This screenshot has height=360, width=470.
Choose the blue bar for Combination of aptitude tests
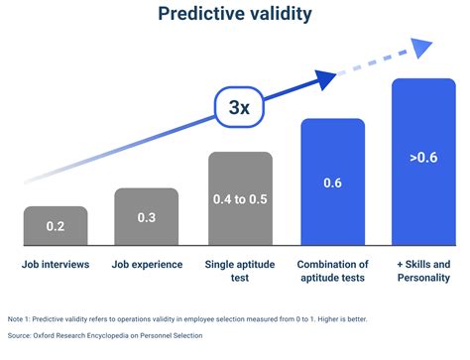click(332, 183)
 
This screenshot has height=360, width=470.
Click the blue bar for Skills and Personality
click(423, 164)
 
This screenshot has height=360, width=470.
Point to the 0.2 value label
click(56, 228)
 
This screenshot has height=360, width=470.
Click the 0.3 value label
click(146, 216)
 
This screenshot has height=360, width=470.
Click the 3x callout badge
click(238, 107)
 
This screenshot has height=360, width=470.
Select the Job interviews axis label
click(56, 264)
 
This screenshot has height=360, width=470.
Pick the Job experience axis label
click(147, 264)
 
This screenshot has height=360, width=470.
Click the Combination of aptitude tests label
click(332, 271)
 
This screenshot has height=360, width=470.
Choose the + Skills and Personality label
click(423, 271)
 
